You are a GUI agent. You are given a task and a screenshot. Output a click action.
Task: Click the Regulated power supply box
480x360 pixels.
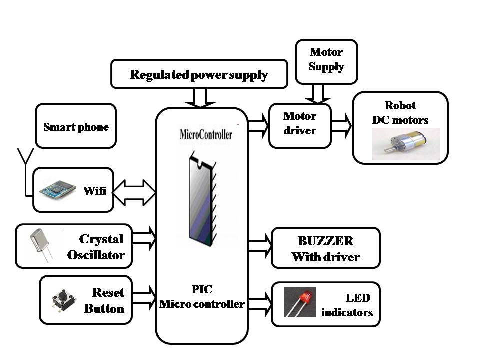point(199,74)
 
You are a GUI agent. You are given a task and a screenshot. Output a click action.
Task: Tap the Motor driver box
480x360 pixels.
point(300,125)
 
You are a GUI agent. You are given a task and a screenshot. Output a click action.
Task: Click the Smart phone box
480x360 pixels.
point(76,126)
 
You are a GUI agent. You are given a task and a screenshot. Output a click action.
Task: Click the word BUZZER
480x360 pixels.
point(325,241)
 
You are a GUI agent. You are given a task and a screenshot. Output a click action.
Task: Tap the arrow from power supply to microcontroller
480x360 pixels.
point(198,98)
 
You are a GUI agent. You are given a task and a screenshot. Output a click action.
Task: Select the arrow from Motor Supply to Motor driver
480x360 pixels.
point(318,93)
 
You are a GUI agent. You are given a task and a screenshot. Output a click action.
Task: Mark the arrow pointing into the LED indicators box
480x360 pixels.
point(259,303)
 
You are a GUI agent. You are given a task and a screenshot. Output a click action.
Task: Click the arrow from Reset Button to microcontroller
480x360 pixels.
point(144,296)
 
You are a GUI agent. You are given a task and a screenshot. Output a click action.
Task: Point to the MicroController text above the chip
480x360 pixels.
point(205,135)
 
